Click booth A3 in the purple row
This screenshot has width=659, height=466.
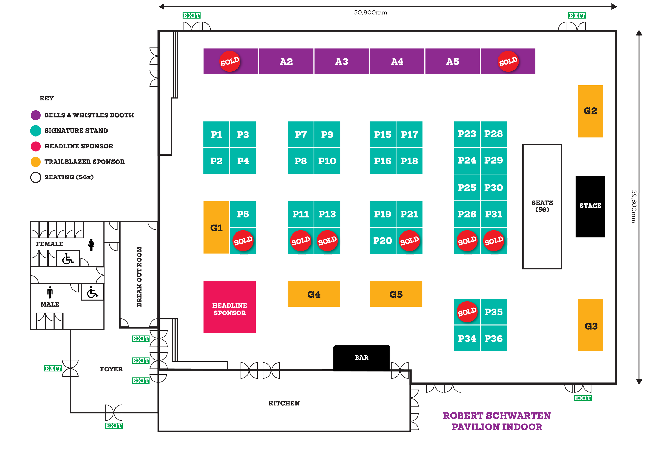click(x=342, y=61)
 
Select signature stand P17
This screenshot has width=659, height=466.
click(x=409, y=134)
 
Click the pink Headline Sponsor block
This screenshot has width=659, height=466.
click(x=230, y=307)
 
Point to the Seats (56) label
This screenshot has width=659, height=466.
click(x=542, y=206)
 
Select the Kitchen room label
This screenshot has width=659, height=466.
click(x=284, y=403)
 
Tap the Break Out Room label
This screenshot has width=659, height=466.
click(x=139, y=276)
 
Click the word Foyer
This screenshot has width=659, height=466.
click(x=111, y=369)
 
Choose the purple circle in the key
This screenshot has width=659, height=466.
click(x=36, y=115)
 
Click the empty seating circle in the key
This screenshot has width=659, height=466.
click(x=36, y=177)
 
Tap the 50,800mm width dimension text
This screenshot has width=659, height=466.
click(x=370, y=13)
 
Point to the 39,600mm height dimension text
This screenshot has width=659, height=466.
click(x=634, y=206)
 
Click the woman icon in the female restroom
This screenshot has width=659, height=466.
click(x=91, y=245)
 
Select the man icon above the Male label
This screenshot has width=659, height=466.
click(x=50, y=292)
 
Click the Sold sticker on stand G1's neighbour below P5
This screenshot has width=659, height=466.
click(x=243, y=241)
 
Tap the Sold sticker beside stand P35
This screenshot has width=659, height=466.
click(x=467, y=312)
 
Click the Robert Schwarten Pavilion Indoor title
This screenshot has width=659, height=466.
click(x=497, y=421)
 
